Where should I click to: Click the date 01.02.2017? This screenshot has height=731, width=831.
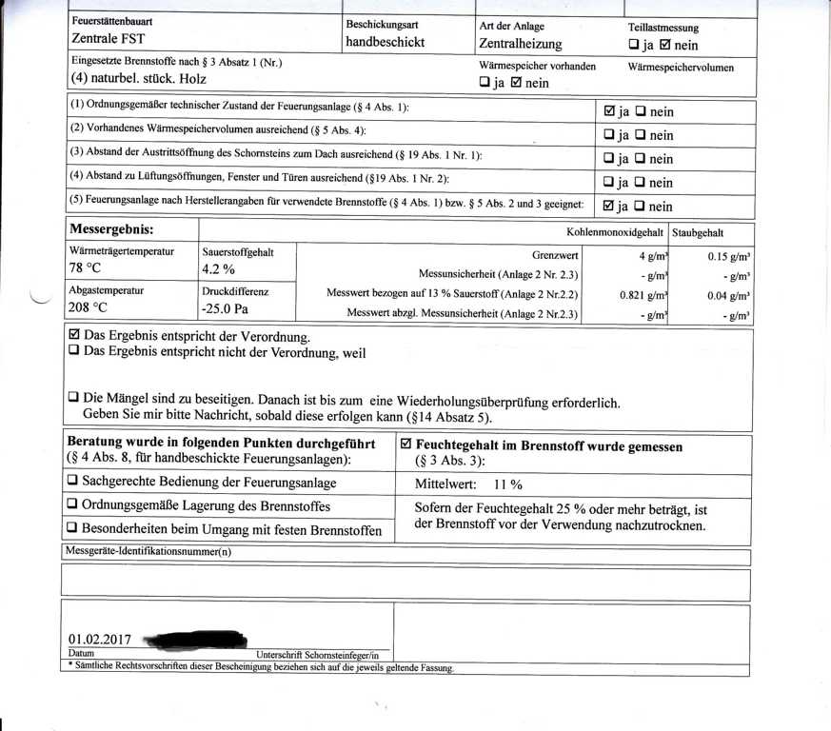click(100, 640)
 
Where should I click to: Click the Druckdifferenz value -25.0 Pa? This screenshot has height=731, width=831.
click(225, 308)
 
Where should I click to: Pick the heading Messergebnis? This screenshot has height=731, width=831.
click(111, 230)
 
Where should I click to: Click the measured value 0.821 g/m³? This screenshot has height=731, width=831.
click(643, 295)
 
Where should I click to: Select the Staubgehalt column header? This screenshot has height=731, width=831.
click(698, 232)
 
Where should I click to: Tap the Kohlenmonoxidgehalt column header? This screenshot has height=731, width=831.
click(615, 232)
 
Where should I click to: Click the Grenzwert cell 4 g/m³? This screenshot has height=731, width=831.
click(653, 256)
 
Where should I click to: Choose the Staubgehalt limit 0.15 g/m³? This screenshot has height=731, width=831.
click(729, 256)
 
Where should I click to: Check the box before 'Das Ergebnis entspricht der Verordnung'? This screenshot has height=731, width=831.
click(75, 336)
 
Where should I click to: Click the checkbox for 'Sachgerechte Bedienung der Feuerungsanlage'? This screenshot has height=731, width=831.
click(73, 483)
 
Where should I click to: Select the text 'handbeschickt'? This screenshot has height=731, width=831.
click(385, 42)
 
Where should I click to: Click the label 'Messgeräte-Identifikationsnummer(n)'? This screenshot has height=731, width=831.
click(148, 551)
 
